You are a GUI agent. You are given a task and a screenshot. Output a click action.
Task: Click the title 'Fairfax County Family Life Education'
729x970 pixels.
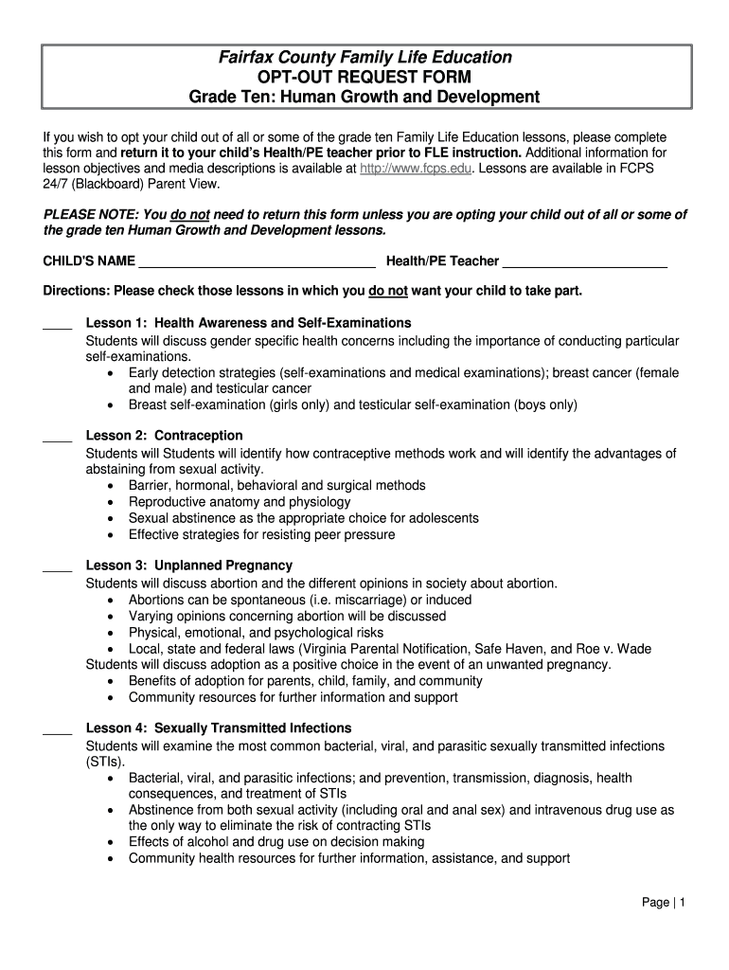point(364,58)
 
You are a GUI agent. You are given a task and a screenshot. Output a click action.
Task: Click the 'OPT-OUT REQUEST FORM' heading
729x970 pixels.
point(364,78)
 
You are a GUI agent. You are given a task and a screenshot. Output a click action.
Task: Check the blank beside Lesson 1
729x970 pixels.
point(58,325)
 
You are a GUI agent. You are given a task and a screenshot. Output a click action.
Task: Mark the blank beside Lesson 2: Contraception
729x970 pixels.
point(58,438)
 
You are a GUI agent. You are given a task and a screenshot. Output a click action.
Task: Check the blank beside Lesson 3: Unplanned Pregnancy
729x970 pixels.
point(58,567)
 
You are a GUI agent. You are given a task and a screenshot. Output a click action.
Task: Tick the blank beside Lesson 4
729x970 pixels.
point(58,730)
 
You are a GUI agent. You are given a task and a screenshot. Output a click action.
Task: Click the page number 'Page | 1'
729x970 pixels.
point(663,903)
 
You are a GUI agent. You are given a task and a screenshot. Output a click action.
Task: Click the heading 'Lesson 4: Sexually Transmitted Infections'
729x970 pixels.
point(219,728)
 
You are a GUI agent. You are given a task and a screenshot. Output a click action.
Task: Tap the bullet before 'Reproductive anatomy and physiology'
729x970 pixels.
point(112,502)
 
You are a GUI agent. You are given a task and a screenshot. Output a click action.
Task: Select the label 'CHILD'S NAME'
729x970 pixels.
point(89,261)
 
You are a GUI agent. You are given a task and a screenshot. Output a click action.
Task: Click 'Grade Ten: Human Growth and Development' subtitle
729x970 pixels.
point(364,98)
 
